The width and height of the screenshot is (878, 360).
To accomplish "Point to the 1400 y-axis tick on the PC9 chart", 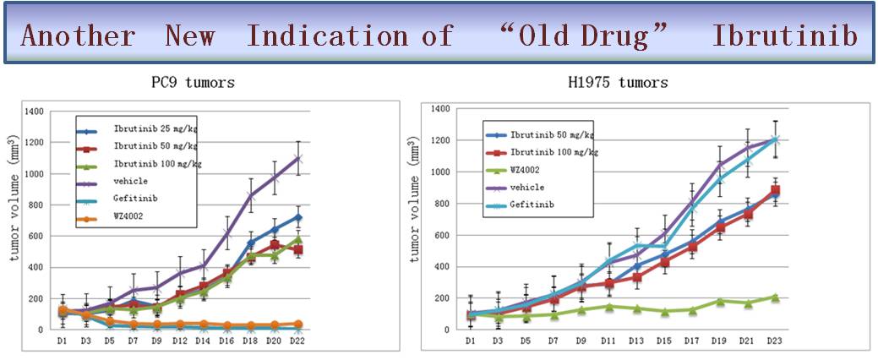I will pos(33,112).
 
